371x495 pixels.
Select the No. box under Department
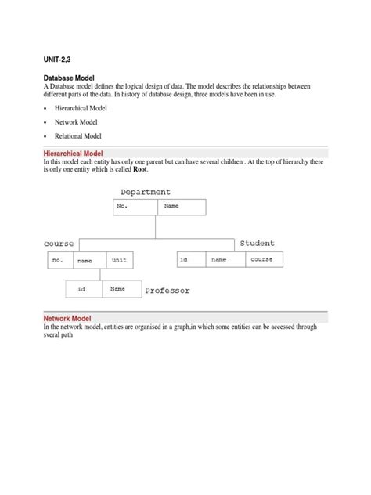coord(135,207)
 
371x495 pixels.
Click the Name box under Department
coord(182,207)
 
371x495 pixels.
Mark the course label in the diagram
coord(59,244)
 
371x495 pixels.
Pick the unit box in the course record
coord(118,259)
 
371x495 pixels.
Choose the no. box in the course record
coord(59,259)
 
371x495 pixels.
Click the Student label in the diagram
coord(258,244)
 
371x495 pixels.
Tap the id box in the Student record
coord(191,259)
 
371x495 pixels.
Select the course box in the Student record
coord(261,259)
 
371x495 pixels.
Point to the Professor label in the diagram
coord(167,291)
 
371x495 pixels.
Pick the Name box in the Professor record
coord(121,290)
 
